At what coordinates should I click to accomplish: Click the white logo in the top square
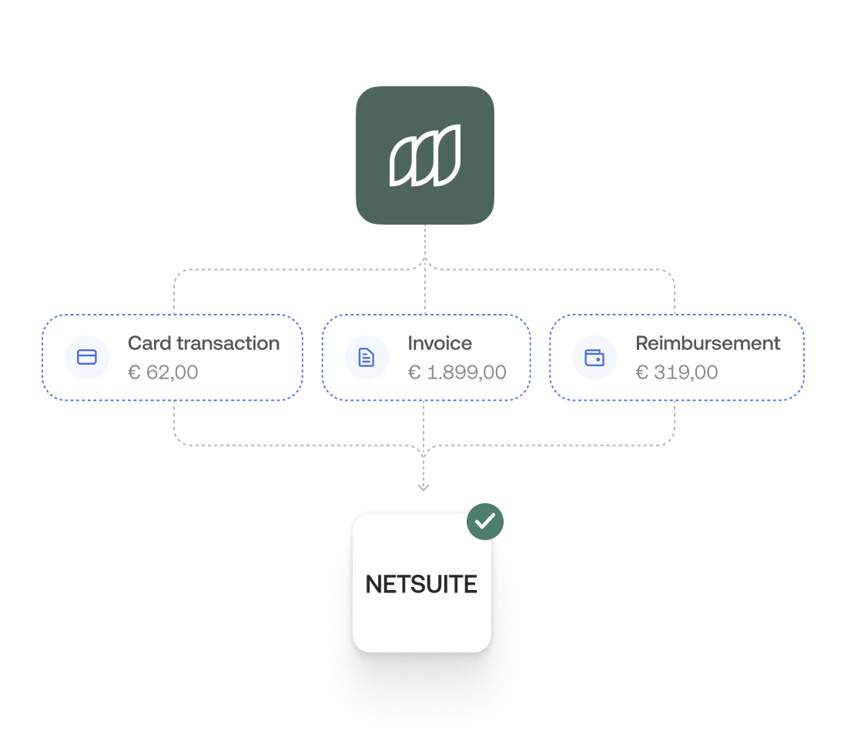point(424,156)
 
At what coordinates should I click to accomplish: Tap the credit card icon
point(87,358)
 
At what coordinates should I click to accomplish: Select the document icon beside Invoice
point(367,358)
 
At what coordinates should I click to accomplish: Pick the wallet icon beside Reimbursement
point(594,358)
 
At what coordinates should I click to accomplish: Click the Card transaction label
point(203,343)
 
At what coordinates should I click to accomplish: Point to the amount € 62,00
point(162,372)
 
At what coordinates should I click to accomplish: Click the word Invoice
point(440,343)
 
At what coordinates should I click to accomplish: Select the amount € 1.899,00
point(457,372)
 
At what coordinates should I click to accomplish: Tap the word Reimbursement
point(708,343)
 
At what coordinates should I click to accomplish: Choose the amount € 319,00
point(676,372)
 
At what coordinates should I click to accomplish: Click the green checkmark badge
point(485,522)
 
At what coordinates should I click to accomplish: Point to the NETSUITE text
point(421,585)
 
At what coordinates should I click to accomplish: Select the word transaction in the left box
point(228,343)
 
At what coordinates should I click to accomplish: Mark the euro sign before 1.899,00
point(414,373)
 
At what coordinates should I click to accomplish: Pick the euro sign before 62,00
point(134,373)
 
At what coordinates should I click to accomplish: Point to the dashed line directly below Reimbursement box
point(675,419)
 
